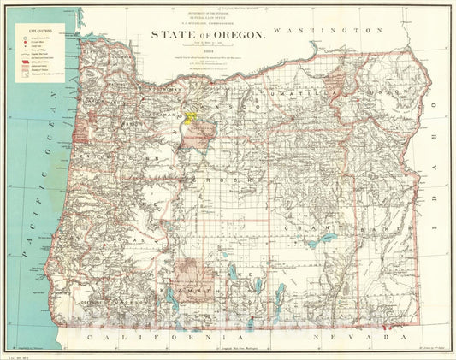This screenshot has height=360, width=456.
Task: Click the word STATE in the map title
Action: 175,36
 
